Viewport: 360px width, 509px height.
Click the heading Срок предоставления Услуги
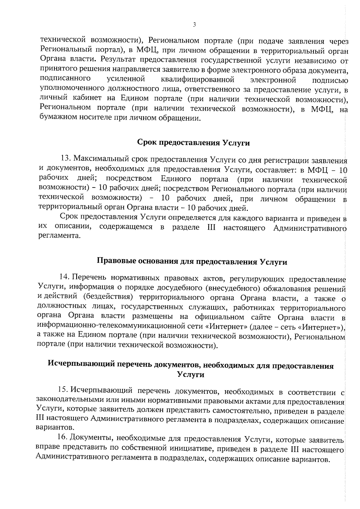(193, 143)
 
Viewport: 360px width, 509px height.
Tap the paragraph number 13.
(65, 158)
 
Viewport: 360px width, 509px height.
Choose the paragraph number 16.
(62, 438)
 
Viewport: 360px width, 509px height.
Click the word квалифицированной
(197, 80)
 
